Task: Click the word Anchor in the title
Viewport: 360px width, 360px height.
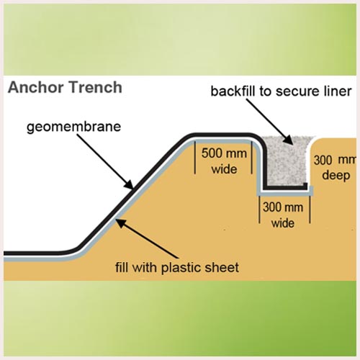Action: (x=36, y=87)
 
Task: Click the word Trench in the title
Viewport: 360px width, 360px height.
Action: (x=96, y=87)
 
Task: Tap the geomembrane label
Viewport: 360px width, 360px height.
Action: (x=73, y=127)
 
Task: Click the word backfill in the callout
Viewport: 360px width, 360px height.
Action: (x=233, y=91)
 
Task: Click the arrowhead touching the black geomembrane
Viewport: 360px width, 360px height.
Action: (x=128, y=185)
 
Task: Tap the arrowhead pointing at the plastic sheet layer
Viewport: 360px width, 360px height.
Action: (x=121, y=223)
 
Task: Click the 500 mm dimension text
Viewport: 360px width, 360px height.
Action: (x=224, y=153)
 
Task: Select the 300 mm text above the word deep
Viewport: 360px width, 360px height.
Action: (x=335, y=160)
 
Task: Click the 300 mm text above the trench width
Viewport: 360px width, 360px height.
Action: (x=283, y=207)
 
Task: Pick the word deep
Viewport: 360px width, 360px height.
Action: (x=336, y=176)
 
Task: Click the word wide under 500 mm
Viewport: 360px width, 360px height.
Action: (x=224, y=169)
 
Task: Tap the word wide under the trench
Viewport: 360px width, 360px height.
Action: (x=283, y=223)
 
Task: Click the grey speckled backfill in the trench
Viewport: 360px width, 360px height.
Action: (x=287, y=163)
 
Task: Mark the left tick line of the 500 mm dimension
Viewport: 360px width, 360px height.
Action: (x=194, y=158)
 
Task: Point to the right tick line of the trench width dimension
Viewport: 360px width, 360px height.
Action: (x=310, y=210)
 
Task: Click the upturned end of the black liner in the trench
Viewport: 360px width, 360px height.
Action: (x=305, y=186)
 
